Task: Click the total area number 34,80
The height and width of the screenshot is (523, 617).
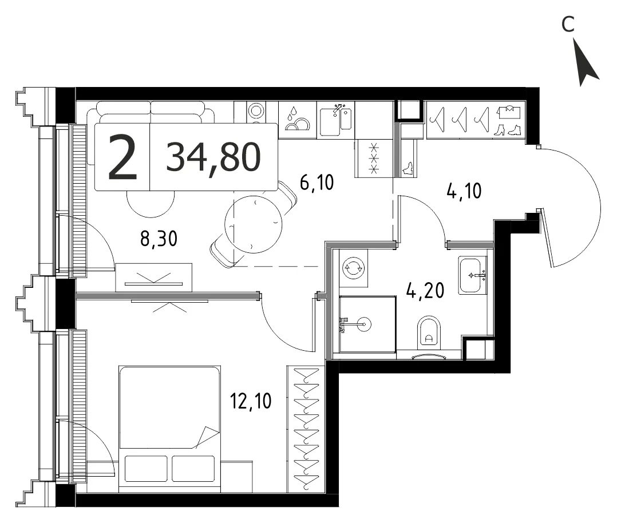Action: [x=213, y=157]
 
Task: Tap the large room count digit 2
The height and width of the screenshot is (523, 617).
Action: [x=122, y=157]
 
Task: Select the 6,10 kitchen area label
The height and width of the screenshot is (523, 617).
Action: [x=317, y=183]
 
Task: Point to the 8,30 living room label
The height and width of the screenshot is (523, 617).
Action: [x=159, y=239]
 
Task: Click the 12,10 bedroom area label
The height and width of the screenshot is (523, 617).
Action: [x=251, y=401]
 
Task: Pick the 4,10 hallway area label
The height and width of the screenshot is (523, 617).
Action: [x=464, y=191]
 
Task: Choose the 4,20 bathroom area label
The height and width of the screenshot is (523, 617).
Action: [x=425, y=291]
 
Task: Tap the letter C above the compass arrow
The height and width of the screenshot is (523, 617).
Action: [x=568, y=25]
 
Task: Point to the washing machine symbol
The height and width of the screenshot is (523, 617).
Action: [x=354, y=268]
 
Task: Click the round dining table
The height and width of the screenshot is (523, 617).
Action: [x=254, y=224]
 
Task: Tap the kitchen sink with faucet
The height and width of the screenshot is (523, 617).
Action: [x=335, y=119]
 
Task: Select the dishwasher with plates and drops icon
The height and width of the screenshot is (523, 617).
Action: [x=298, y=120]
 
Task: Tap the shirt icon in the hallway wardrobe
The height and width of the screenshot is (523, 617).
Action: [x=509, y=112]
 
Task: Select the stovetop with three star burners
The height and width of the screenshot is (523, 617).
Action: [x=374, y=158]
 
